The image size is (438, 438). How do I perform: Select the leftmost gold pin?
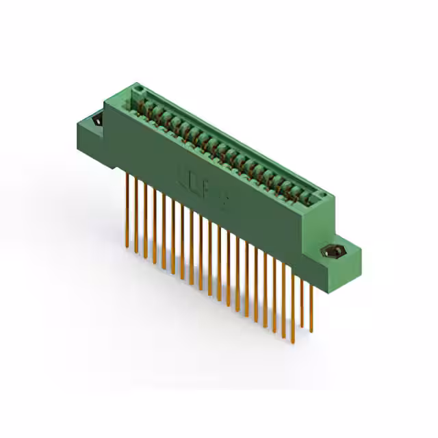point(127,205)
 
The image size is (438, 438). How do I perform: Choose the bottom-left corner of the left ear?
point(79,146)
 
